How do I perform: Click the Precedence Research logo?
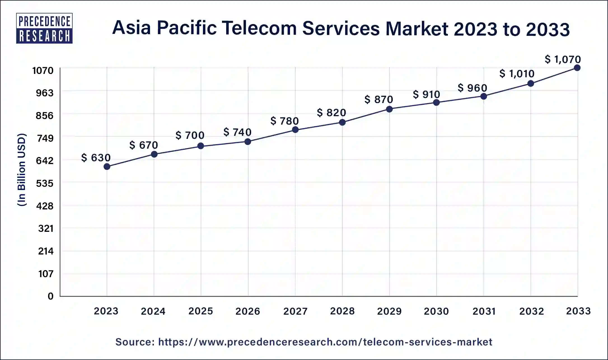click(x=44, y=28)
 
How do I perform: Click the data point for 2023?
click(x=107, y=167)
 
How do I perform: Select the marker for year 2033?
click(x=577, y=68)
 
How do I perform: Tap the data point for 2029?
click(x=389, y=109)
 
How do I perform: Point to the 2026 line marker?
click(x=248, y=142)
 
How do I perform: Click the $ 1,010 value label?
click(x=517, y=74)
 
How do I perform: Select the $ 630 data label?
click(x=96, y=158)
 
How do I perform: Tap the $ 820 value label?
click(x=331, y=113)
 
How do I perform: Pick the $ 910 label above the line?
click(x=426, y=95)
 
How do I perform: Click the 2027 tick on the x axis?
click(x=295, y=311)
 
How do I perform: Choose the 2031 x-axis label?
click(x=484, y=311)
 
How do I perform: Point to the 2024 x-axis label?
click(x=153, y=311)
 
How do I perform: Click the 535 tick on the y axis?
click(x=45, y=184)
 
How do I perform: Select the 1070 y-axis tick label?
click(x=43, y=71)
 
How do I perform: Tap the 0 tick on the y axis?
click(x=50, y=296)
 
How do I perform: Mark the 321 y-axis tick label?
click(x=46, y=229)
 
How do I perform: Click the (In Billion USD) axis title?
click(x=22, y=170)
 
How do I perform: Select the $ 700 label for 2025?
click(x=190, y=135)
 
